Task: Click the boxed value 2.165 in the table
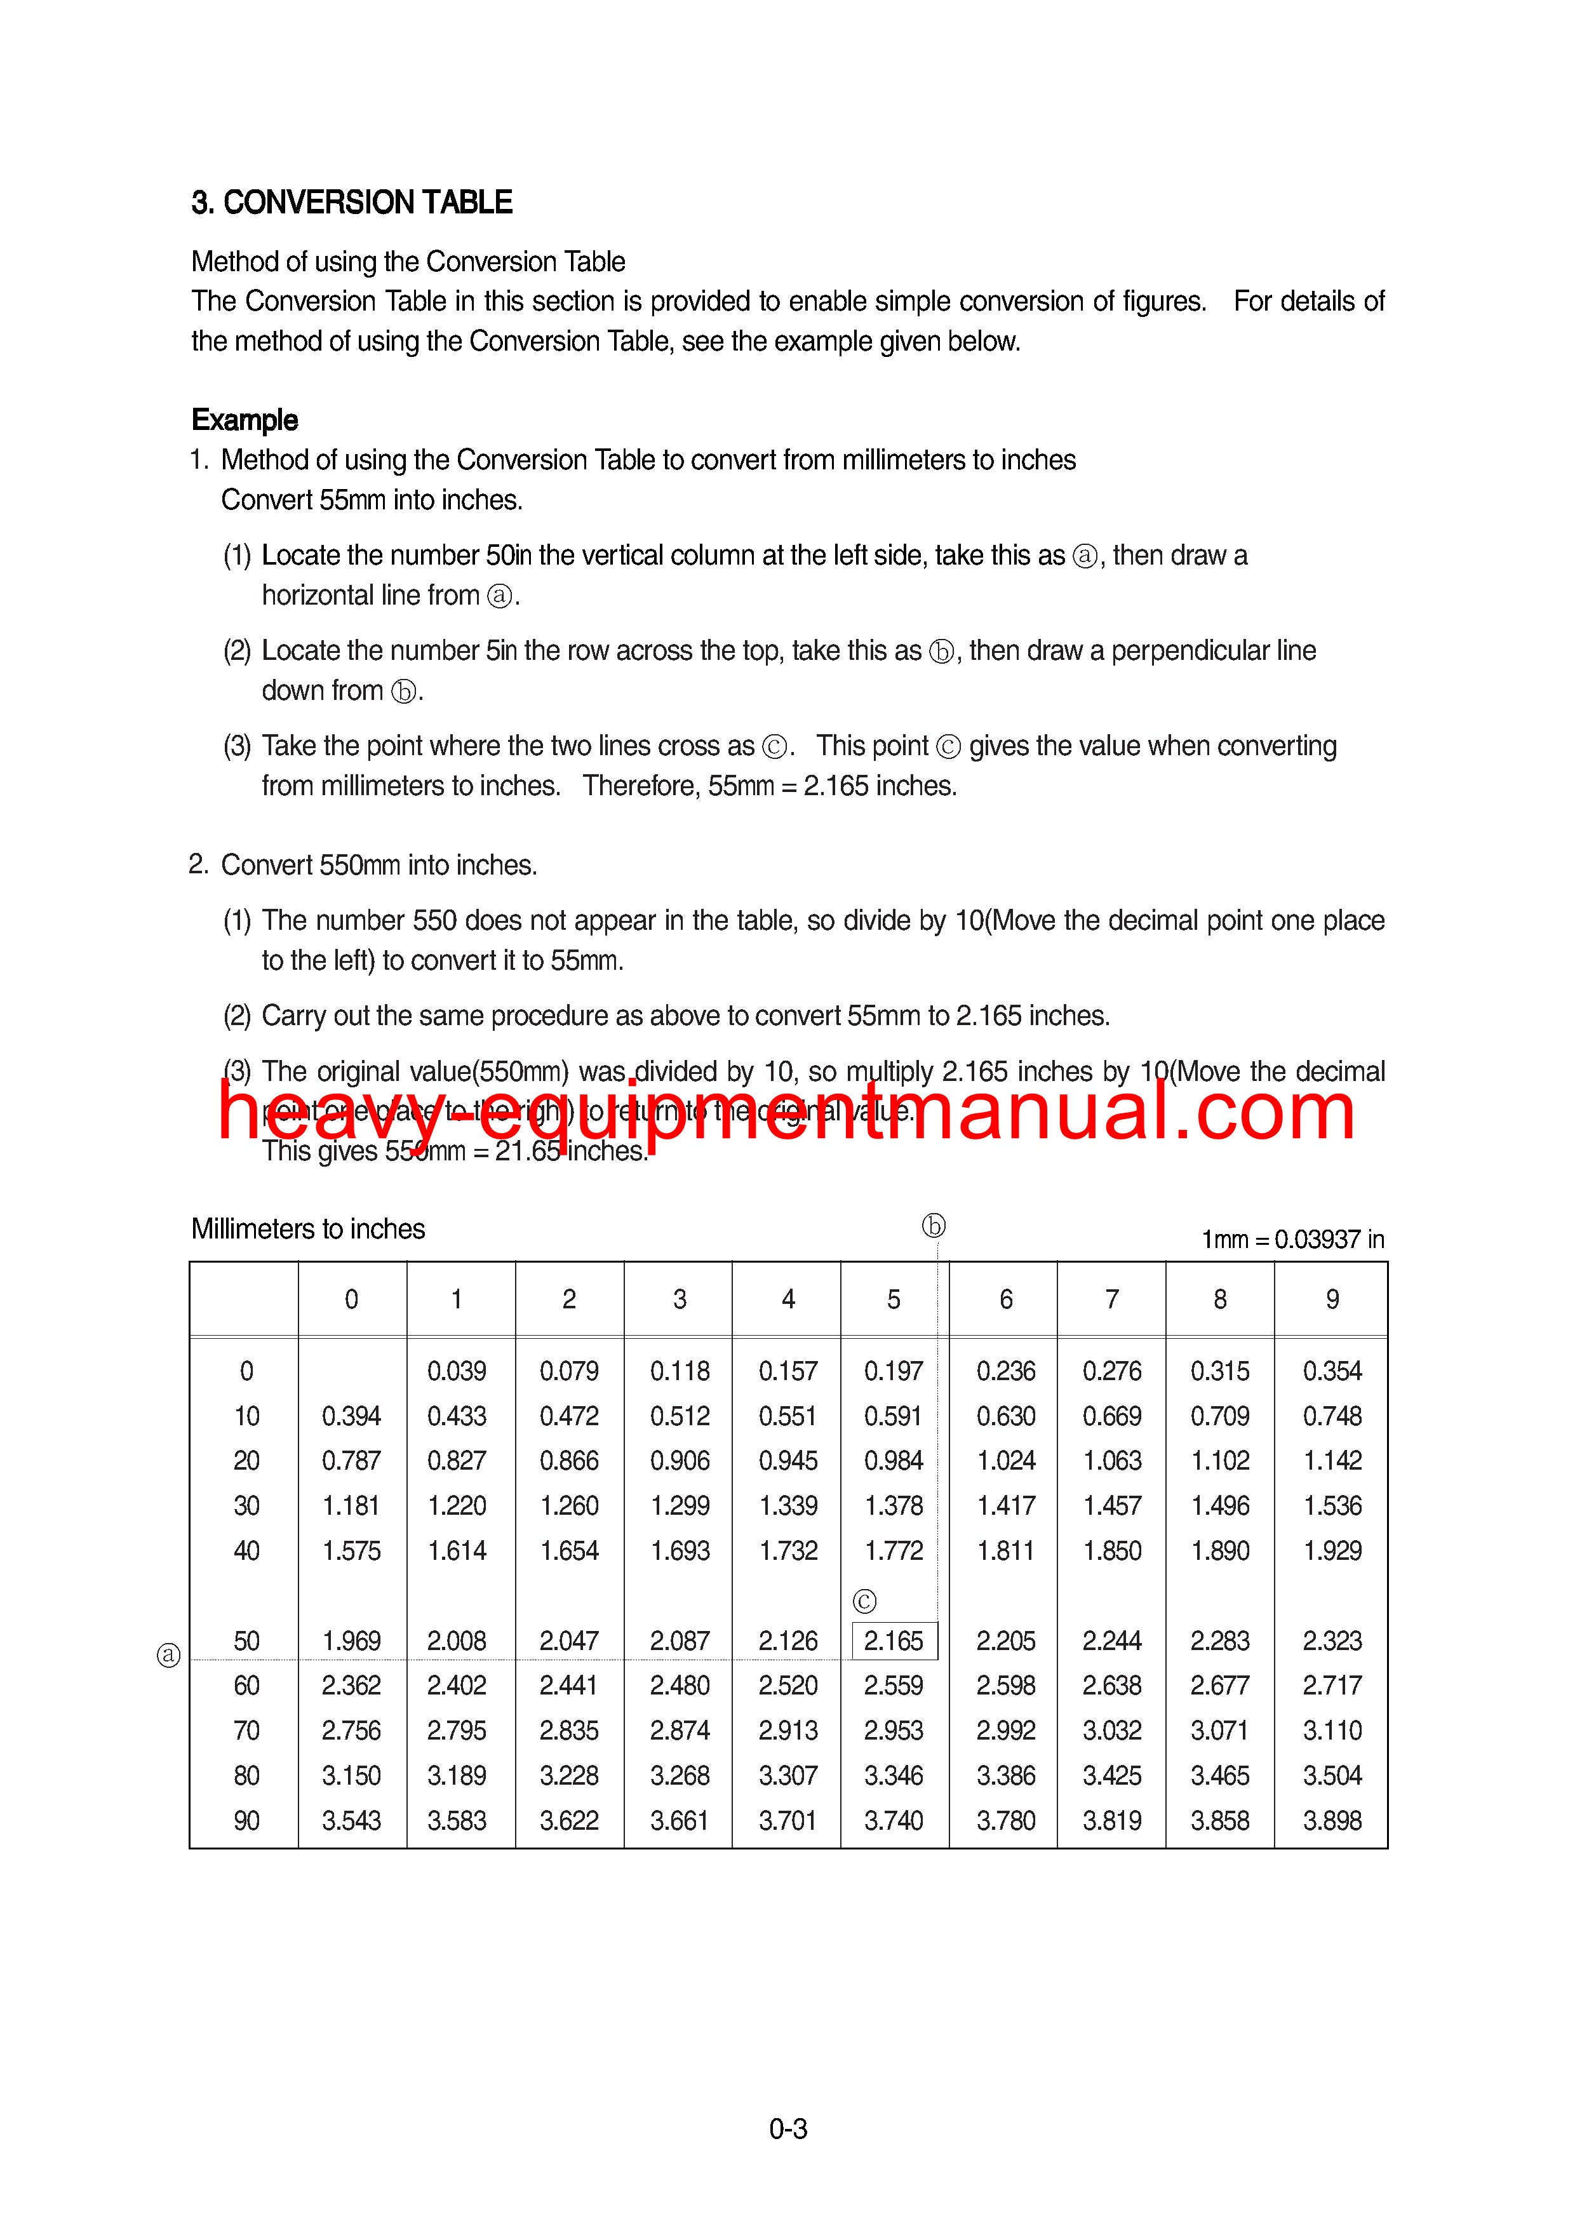click(x=894, y=1641)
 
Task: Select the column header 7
click(x=1112, y=1299)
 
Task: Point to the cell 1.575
click(x=351, y=1551)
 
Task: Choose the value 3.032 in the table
click(x=1112, y=1730)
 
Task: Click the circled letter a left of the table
click(x=169, y=1654)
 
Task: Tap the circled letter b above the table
click(x=934, y=1226)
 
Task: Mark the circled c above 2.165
click(x=864, y=1601)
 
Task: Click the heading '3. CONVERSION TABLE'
click(x=351, y=203)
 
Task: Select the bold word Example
click(x=245, y=420)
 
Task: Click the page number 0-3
click(x=788, y=2129)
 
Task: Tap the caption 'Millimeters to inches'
click(x=307, y=1230)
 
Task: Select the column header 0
click(x=351, y=1299)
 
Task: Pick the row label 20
click(x=246, y=1460)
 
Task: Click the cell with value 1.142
click(x=1332, y=1460)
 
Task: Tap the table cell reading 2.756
click(x=351, y=1730)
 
